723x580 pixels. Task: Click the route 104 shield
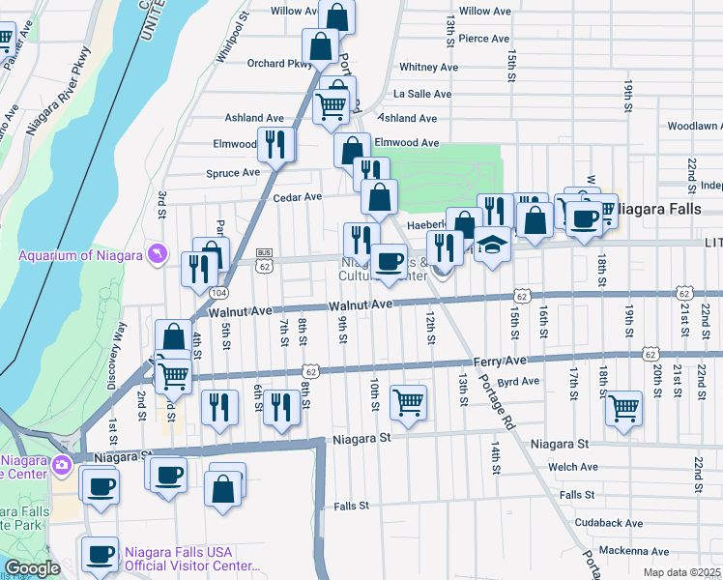click(x=219, y=293)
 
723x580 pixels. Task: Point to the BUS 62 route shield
click(x=265, y=258)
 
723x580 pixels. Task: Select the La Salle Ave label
click(x=422, y=94)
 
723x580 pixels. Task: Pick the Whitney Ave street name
click(x=428, y=67)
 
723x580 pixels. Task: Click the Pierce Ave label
click(x=484, y=39)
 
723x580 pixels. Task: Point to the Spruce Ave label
click(x=233, y=173)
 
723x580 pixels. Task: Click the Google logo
click(x=32, y=568)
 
